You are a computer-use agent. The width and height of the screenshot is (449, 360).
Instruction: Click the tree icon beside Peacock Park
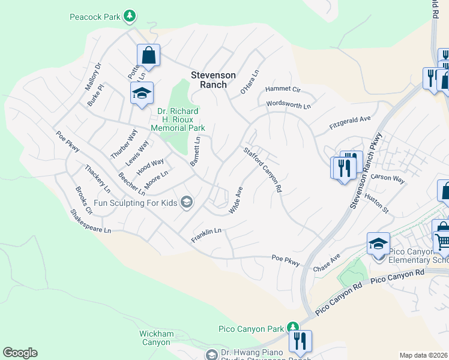click(129, 16)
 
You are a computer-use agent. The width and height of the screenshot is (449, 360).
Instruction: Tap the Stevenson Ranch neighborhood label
click(209, 80)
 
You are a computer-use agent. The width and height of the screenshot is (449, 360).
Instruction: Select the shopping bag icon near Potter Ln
click(149, 56)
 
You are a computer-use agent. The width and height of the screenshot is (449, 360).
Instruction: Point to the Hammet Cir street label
click(283, 89)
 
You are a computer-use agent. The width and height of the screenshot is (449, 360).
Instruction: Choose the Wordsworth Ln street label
click(289, 106)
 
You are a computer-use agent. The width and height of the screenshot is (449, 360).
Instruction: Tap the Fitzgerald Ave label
click(350, 124)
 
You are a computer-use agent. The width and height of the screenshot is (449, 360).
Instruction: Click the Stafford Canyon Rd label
click(262, 169)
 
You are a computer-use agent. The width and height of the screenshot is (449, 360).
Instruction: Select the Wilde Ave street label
click(235, 200)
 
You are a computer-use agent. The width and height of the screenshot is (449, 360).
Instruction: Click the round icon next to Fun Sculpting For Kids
click(187, 202)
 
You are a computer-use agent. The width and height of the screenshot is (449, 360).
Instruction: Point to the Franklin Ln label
click(206, 235)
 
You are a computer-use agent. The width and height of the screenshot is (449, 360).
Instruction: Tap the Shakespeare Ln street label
click(91, 221)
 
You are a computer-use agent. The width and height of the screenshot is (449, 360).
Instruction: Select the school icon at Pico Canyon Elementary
click(378, 244)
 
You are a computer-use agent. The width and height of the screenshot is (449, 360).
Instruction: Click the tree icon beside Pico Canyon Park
click(292, 328)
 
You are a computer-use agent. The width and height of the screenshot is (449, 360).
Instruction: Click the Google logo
click(20, 353)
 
